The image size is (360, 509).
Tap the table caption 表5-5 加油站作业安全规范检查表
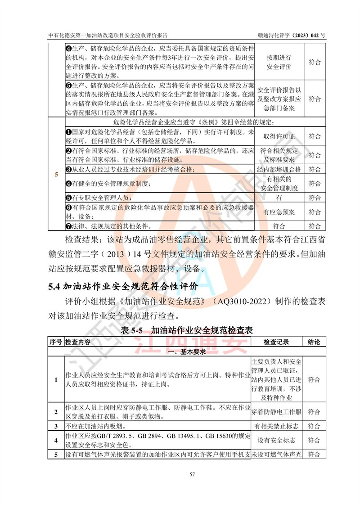[187, 330]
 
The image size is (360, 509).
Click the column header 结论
[314, 342]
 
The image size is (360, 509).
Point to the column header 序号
[56, 342]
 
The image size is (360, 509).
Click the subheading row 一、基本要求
[186, 351]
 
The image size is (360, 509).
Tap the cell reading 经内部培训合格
[279, 169]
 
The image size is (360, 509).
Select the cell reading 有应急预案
[279, 212]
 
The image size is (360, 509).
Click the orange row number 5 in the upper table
[56, 175]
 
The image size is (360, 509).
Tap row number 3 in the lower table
[56, 426]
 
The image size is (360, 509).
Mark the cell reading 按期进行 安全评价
[279, 63]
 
